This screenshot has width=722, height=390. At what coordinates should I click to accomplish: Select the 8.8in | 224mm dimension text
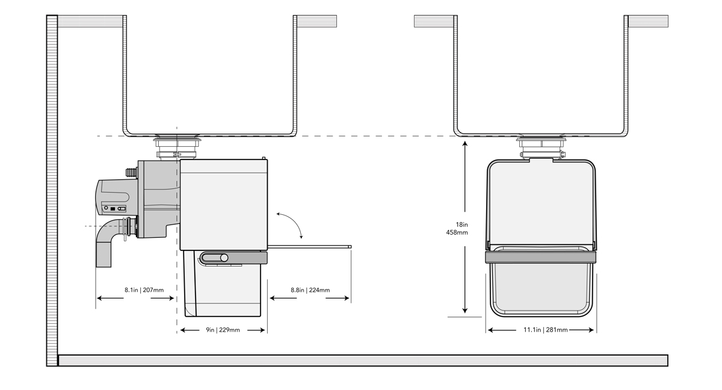point(310,290)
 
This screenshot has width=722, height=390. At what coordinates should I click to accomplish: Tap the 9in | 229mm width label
point(223,330)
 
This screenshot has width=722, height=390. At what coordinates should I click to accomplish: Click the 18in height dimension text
point(461,224)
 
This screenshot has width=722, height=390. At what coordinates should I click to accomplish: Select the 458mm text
point(457,232)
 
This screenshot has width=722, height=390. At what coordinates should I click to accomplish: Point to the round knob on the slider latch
point(224,258)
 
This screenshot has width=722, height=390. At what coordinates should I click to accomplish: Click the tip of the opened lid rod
point(350,246)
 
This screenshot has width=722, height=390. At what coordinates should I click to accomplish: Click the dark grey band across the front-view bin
point(540,258)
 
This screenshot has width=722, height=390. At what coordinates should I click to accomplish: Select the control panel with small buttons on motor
point(114,208)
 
